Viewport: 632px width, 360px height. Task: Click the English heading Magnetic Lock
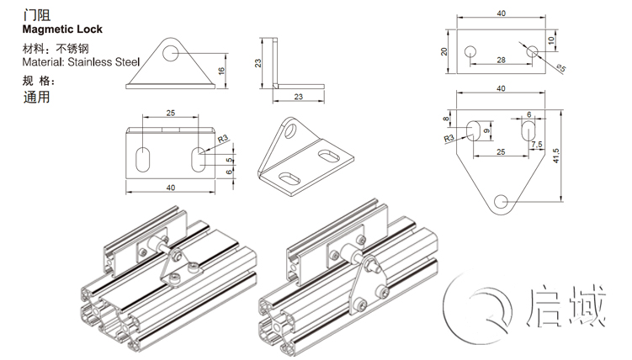pyautogui.click(x=62, y=29)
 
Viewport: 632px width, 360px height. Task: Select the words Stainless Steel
pyautogui.click(x=104, y=61)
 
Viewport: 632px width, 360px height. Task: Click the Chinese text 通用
pyautogui.click(x=37, y=97)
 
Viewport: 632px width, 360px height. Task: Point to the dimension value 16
pyautogui.click(x=220, y=72)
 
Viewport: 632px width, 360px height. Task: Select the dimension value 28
pyautogui.click(x=502, y=61)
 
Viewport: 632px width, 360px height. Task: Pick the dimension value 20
pyautogui.click(x=443, y=51)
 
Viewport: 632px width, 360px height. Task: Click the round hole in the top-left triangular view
pyautogui.click(x=173, y=52)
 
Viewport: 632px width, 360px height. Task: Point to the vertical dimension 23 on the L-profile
pyautogui.click(x=260, y=63)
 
